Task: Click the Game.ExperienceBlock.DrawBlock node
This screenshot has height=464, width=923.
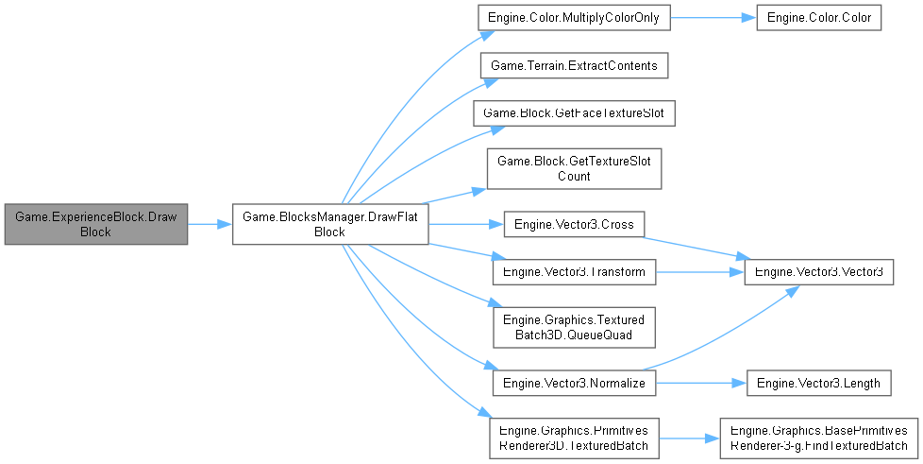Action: pos(96,224)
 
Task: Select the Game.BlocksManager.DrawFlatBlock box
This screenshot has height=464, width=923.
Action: pos(330,224)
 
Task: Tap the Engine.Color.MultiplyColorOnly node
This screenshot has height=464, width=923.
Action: pos(575,19)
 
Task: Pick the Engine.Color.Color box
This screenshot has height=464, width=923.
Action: pos(818,19)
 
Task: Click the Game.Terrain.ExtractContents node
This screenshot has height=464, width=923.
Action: pos(575,65)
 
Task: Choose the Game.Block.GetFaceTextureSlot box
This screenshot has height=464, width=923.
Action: pos(575,112)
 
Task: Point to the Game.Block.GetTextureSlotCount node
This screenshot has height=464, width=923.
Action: pos(575,168)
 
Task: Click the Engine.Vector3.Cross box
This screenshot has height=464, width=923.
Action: pos(575,225)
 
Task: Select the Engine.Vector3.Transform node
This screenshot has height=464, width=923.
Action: pos(575,272)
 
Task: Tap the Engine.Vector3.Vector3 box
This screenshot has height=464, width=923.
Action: pos(819,272)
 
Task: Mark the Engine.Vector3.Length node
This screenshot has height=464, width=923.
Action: pos(819,384)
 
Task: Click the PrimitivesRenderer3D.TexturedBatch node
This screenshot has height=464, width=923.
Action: pos(575,438)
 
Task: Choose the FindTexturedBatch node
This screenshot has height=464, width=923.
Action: pos(819,438)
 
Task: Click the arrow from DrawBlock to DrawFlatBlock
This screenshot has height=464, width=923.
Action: pos(210,224)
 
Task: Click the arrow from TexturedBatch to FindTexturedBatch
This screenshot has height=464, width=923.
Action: pos(688,438)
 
